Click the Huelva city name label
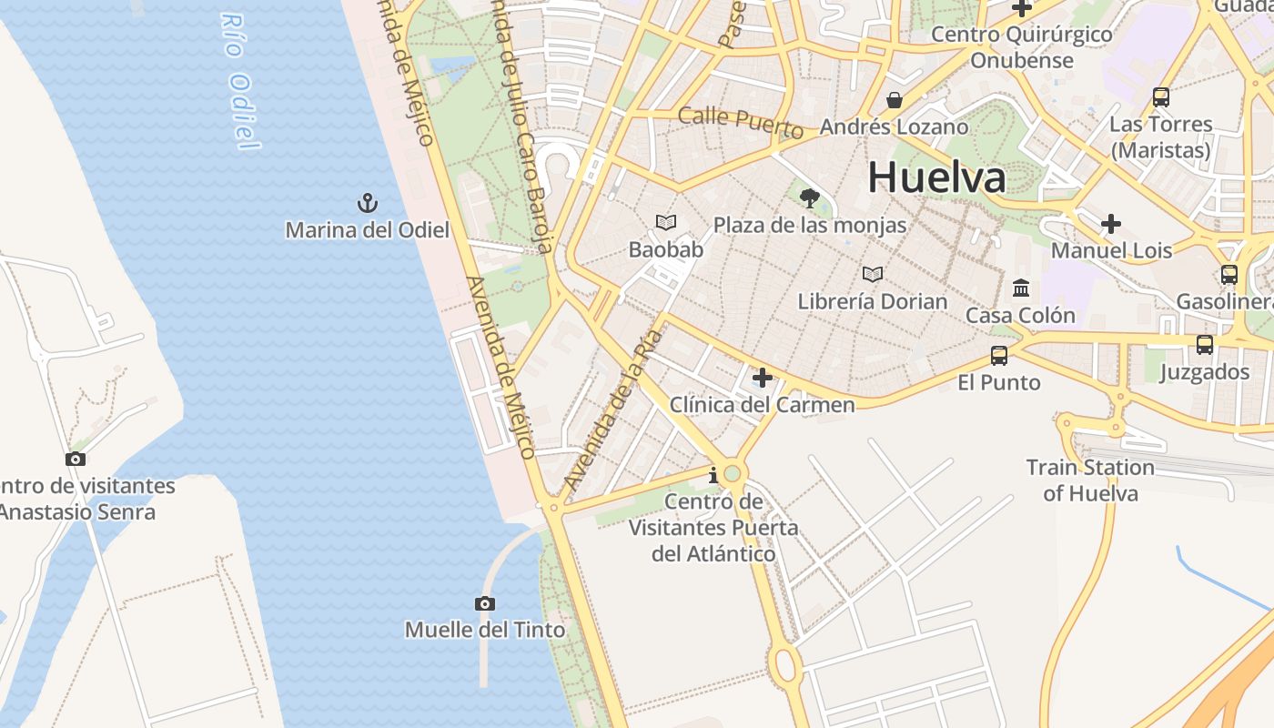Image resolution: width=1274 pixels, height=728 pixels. coord(936,177)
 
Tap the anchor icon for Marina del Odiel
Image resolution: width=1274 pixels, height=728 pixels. coord(367,202)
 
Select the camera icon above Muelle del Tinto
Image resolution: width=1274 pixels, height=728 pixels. coord(485,603)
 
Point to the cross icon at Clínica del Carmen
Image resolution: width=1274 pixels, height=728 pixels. coord(763,377)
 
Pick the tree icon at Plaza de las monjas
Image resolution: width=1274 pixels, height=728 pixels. coord(809,197)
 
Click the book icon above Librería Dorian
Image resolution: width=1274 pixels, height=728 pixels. coord(873,274)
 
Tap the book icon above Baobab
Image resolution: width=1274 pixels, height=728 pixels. coord(666,222)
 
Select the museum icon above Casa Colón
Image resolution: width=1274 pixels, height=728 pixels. coord(1021,288)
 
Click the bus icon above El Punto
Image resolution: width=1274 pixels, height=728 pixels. coord(999,355)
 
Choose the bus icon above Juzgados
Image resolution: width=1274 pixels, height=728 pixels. coord(1205,344)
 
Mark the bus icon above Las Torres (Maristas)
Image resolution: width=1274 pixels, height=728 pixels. coord(1161,96)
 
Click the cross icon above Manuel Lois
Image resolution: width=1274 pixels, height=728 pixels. coord(1110,223)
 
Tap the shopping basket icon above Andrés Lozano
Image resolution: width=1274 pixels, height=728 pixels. coord(895,100)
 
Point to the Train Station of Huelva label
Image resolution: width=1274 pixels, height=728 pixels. coord(1090,480)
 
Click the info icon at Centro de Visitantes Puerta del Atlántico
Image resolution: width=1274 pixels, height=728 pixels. coord(713,475)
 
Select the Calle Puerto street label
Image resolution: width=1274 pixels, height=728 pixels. coord(741,123)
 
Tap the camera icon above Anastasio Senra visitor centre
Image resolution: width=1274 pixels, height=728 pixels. coord(76,459)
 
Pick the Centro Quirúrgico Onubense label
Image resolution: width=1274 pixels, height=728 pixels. coord(1022,47)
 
